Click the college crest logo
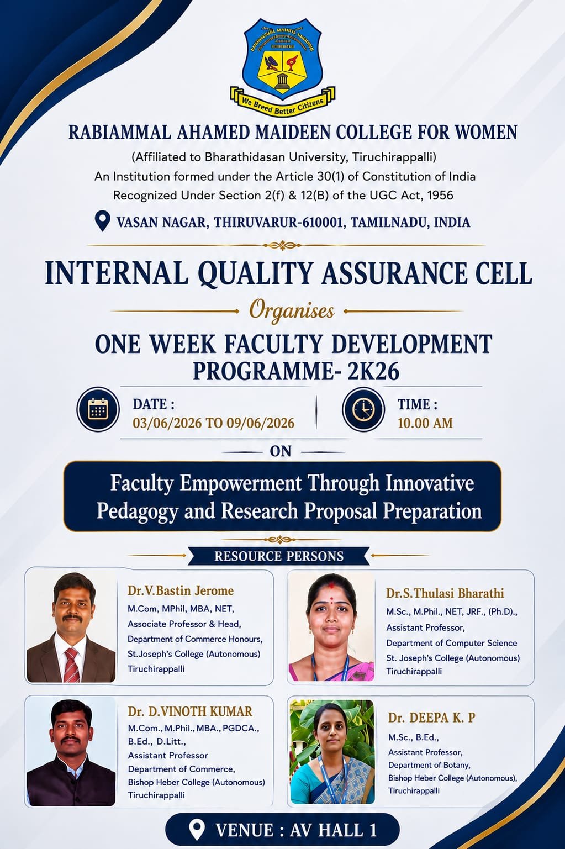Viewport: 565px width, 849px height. coord(282,66)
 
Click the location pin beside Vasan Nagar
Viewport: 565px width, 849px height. coord(102,221)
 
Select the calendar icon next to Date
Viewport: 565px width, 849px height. coord(98,409)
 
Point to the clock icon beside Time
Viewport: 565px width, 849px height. coord(363,409)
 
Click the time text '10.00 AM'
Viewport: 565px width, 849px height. coord(425,423)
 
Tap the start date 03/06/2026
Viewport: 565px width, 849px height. coord(167,423)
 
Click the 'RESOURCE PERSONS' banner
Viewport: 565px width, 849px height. coord(279,556)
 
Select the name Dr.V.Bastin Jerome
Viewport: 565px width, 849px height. coord(181,590)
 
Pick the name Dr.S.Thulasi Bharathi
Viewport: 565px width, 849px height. coord(445,593)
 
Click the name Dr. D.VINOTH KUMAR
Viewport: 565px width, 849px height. coord(190,711)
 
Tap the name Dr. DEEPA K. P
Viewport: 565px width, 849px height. coord(431,718)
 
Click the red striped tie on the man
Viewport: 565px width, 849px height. coord(71,665)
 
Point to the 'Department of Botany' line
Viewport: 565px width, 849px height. coord(429,765)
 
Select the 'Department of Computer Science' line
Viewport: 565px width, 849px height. coord(452,643)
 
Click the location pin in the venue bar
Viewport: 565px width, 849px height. coord(197,829)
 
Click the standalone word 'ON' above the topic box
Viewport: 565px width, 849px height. coord(281,451)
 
